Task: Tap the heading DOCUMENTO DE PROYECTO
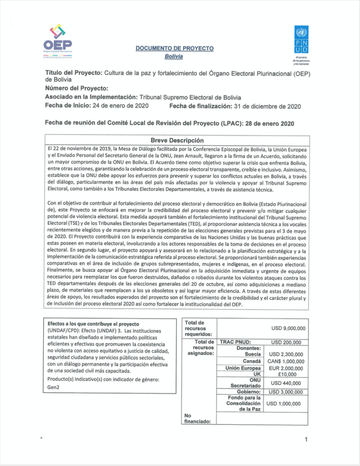174,48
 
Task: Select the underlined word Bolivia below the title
173,57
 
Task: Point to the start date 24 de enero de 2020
119,106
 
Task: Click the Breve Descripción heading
176,140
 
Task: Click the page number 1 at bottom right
305,440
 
